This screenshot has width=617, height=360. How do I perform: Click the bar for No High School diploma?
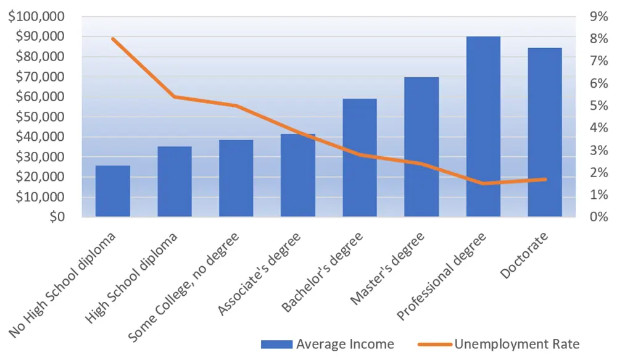(113, 191)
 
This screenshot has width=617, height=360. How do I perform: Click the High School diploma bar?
(175, 182)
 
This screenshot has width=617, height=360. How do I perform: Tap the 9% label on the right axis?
(599, 17)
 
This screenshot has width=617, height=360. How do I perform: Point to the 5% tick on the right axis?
(599, 106)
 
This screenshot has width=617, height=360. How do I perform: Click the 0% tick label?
(599, 217)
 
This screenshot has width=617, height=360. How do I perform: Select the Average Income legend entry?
(328, 344)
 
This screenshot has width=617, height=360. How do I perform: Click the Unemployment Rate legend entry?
(499, 344)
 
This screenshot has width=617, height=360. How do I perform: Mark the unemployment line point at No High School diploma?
(113, 39)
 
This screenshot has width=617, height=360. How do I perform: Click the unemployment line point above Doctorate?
(545, 179)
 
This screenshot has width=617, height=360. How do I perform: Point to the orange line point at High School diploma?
(175, 97)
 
